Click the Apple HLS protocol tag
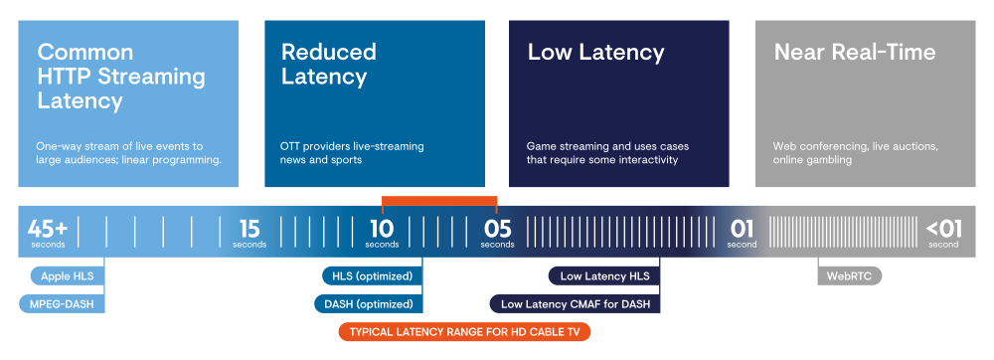(x=68, y=275)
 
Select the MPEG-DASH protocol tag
(x=62, y=303)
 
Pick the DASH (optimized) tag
(x=369, y=303)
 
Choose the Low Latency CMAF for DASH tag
(x=575, y=303)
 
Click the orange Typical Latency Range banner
(x=464, y=331)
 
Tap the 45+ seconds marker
(x=48, y=232)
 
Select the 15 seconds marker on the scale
(x=249, y=232)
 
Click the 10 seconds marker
(x=382, y=232)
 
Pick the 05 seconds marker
(x=498, y=232)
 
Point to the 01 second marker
(x=742, y=232)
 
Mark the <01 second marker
(x=944, y=232)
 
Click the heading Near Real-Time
(x=855, y=52)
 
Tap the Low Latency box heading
(x=595, y=52)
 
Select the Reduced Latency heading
(x=328, y=64)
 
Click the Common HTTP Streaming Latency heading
(x=121, y=76)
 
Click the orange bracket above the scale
(x=439, y=200)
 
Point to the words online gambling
(x=812, y=160)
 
